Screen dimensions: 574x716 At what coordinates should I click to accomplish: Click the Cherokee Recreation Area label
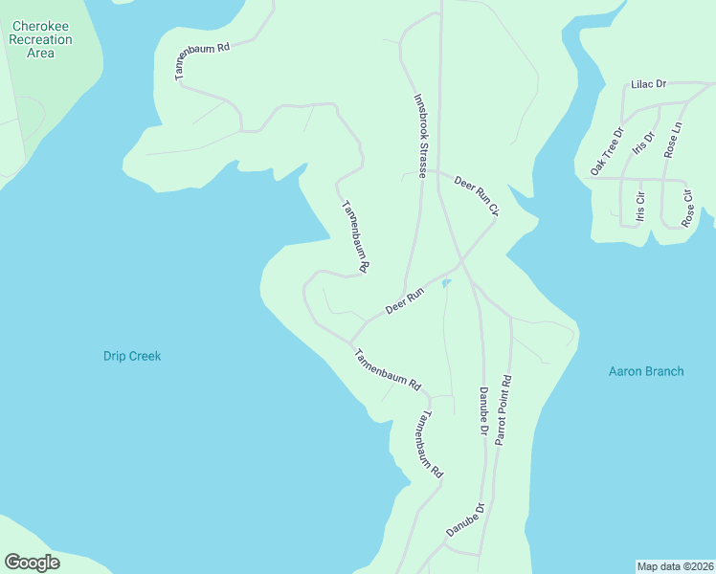pyautogui.click(x=40, y=40)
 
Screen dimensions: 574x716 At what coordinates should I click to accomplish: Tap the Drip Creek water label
pyautogui.click(x=132, y=356)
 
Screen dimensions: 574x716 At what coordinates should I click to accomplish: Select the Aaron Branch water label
pyautogui.click(x=646, y=370)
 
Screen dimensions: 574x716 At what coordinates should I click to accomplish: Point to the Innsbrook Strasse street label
pyautogui.click(x=419, y=137)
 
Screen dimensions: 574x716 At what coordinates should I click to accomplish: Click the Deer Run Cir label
pyautogui.click(x=477, y=195)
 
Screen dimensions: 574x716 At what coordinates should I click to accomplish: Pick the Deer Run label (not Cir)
pyautogui.click(x=404, y=302)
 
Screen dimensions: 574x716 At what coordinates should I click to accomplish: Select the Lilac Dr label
pyautogui.click(x=648, y=85)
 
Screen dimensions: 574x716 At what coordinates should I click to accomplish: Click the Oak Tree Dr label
pyautogui.click(x=607, y=151)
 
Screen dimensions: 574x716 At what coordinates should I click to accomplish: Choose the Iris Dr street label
pyautogui.click(x=643, y=143)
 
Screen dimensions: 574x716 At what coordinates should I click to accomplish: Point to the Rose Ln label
pyautogui.click(x=676, y=140)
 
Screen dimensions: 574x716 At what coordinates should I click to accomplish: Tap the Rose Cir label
pyautogui.click(x=686, y=208)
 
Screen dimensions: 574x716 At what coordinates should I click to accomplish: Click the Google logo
pyautogui.click(x=32, y=563)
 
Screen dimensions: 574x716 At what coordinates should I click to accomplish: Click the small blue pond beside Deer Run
pyautogui.click(x=446, y=282)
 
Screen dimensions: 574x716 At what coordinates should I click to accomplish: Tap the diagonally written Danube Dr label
pyautogui.click(x=466, y=519)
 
